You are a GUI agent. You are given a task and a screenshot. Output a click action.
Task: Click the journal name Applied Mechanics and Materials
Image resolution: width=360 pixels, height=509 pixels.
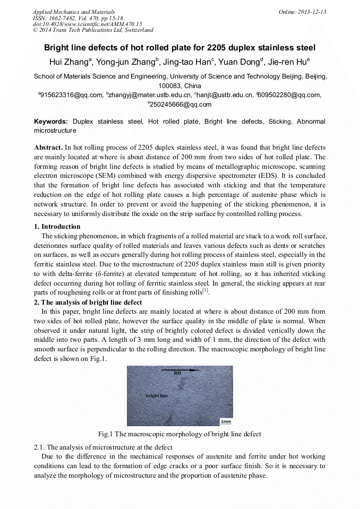(x=74, y=12)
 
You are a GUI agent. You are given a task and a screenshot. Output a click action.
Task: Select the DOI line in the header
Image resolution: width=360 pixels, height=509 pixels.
(x=88, y=24)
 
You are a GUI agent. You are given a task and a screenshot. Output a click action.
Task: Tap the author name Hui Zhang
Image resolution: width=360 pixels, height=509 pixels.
(x=71, y=62)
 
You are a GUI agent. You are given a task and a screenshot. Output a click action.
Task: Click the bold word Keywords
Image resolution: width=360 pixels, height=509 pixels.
(x=51, y=122)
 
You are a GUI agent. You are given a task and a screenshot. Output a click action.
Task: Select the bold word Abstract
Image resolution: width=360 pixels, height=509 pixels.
(x=48, y=147)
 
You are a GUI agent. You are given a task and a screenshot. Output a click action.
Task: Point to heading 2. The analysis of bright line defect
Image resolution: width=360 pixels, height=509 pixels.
(x=88, y=303)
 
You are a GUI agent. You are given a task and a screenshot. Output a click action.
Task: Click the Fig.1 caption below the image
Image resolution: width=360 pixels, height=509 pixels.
(x=180, y=434)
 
